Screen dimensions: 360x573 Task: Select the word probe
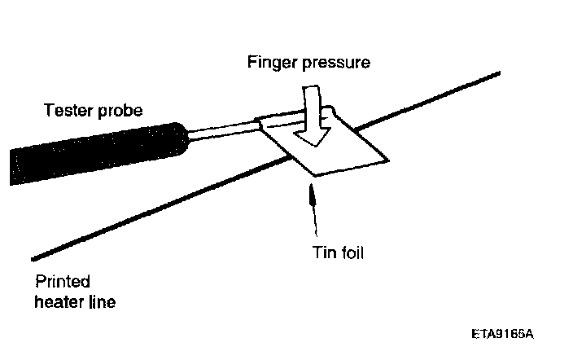pos(120,111)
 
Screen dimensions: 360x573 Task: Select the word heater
pos(58,303)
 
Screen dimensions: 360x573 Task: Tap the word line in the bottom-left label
pos(100,303)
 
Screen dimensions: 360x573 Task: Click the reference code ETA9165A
pos(506,334)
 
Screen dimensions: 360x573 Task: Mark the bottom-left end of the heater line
pos(34,258)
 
